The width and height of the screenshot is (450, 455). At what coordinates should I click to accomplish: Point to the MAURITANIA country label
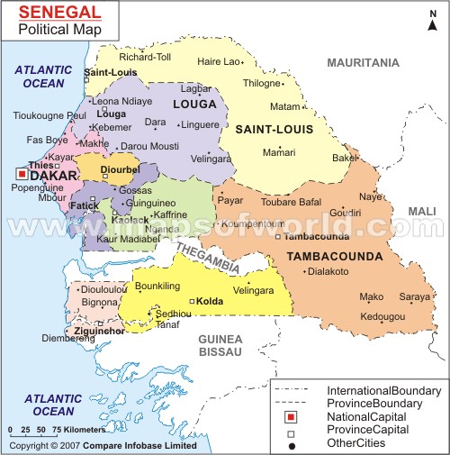pos(363,62)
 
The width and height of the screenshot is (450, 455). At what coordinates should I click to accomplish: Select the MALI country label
pos(421,211)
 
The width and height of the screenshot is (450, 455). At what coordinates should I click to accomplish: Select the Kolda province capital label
pos(210,301)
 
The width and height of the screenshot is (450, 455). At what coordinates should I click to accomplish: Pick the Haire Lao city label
pos(220,61)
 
